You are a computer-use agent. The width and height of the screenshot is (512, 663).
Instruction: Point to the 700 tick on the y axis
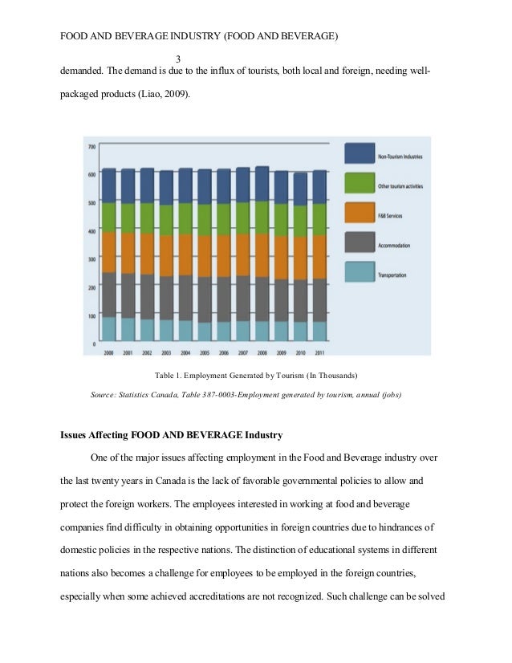92,147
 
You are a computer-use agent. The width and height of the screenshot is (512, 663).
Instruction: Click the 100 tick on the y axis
92,316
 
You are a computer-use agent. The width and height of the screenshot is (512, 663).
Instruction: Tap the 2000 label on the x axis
108,352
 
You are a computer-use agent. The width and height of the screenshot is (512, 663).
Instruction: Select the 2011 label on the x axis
319,352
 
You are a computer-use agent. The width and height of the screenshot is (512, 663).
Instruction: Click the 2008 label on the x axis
262,352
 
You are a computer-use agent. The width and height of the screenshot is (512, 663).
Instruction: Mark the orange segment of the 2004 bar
185,254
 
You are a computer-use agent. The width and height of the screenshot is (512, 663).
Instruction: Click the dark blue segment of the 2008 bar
262,184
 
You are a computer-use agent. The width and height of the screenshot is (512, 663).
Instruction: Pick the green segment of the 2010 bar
299,221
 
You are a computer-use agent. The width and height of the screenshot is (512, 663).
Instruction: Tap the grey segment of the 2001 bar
128,295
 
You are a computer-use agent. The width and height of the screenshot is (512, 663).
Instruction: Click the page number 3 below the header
178,58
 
